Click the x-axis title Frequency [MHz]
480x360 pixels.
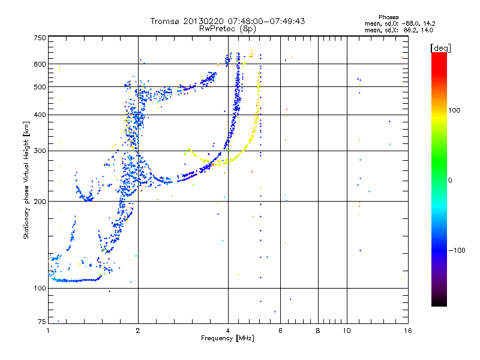[x=227, y=338]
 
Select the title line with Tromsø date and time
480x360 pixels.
[x=227, y=21]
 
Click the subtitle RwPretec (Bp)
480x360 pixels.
[x=227, y=28]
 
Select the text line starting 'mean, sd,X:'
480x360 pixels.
[x=399, y=29]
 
